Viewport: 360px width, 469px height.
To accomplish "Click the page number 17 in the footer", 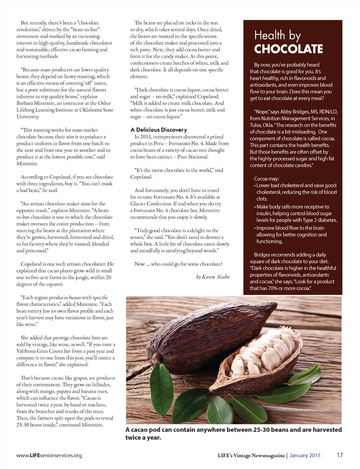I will coord(340,455).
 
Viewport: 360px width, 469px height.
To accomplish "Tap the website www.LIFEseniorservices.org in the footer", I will coord(49,455).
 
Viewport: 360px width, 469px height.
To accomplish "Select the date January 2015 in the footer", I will coord(305,455).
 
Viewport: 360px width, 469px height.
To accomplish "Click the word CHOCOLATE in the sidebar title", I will coord(288,49).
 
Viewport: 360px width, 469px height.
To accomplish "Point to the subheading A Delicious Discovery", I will coord(159,130).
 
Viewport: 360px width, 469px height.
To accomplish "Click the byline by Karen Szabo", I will coord(213,277).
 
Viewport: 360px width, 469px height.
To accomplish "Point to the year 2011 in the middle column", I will coord(145,137).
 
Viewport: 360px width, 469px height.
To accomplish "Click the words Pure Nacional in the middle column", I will coord(193,157).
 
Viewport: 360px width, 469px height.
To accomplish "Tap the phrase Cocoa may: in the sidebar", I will coord(266,178).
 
